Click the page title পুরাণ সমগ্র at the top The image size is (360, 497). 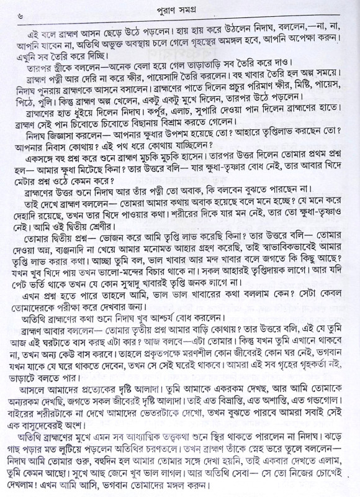pyautogui.click(x=180, y=9)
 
